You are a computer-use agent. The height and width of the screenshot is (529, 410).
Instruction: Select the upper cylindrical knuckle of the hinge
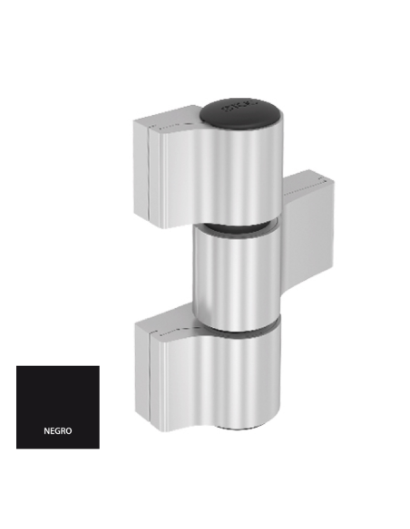click(x=241, y=172)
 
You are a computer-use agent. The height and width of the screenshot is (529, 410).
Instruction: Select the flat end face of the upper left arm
click(x=142, y=172)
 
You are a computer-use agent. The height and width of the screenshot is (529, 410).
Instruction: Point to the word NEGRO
click(x=58, y=431)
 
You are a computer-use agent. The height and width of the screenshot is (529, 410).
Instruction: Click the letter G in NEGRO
click(x=58, y=431)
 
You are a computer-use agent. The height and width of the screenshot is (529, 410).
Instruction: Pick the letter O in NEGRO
click(x=69, y=431)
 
